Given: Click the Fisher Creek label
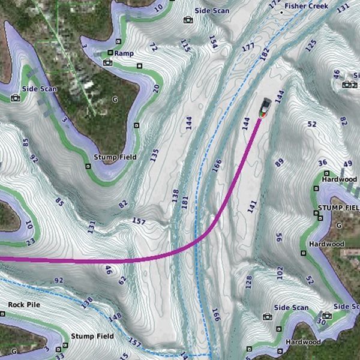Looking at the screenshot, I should pos(307,6).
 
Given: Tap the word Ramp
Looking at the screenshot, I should pos(124,53).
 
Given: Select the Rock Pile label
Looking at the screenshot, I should pos(24,305).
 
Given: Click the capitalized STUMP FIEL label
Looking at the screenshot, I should pos(337,208).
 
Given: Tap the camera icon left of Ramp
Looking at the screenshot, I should pos(108,62).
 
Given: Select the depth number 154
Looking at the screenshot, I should pos(212,41).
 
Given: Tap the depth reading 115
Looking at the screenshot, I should pos(185,45).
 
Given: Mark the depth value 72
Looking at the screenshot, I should pos(154,47).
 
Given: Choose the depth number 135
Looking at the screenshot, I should pos(154,155).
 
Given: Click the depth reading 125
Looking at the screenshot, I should pos(311,44).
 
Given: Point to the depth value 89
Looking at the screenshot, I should pos(279,162).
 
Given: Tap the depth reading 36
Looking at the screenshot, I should pos(323,163).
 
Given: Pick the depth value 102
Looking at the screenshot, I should pos(280,274).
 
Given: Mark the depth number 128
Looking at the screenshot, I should pos(248,282).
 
